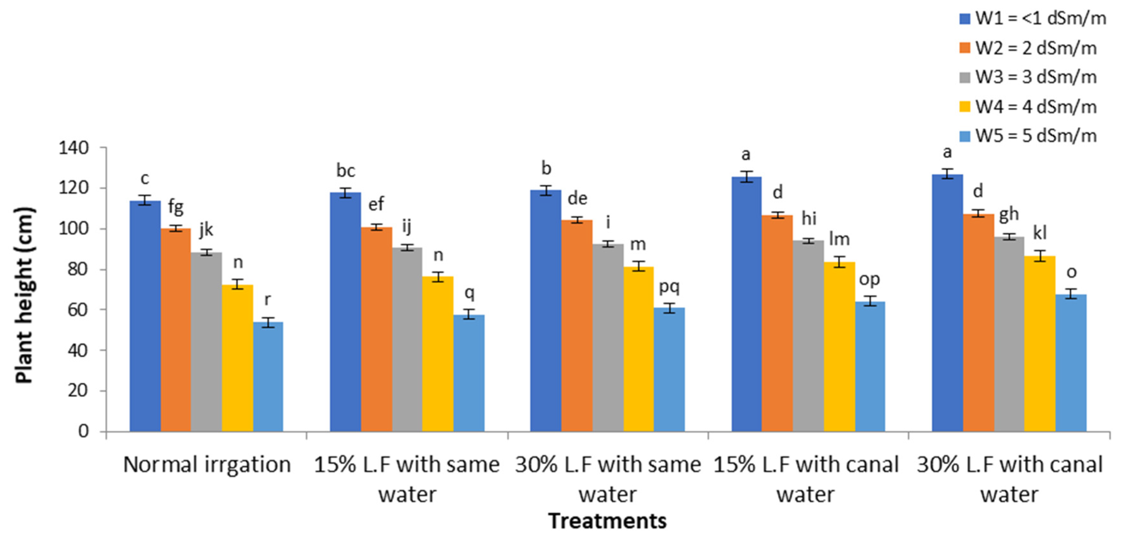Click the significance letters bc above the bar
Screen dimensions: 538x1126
tap(345, 170)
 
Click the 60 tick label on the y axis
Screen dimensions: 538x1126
tap(78, 310)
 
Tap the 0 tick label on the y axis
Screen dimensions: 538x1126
tap(83, 431)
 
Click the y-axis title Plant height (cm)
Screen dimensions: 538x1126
tap(25, 295)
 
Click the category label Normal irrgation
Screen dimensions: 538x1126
tap(207, 464)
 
